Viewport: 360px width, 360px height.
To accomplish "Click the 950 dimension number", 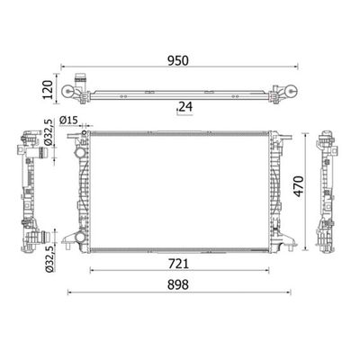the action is [x=178, y=60].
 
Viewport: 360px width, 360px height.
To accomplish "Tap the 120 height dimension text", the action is [x=48, y=89].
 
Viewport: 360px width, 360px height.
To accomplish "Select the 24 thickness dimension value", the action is [x=185, y=107].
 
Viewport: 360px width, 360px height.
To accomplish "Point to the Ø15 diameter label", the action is [x=68, y=121].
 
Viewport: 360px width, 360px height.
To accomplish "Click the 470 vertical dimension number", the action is [x=299, y=186].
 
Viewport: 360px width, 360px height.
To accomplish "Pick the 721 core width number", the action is [x=178, y=264].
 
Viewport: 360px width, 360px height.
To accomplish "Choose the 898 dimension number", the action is [x=178, y=284].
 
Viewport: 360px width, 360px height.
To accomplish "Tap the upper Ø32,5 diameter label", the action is [x=49, y=132].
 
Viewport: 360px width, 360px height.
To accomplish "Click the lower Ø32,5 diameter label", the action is [x=49, y=258].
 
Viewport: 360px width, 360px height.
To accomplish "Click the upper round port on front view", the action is [x=80, y=153].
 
